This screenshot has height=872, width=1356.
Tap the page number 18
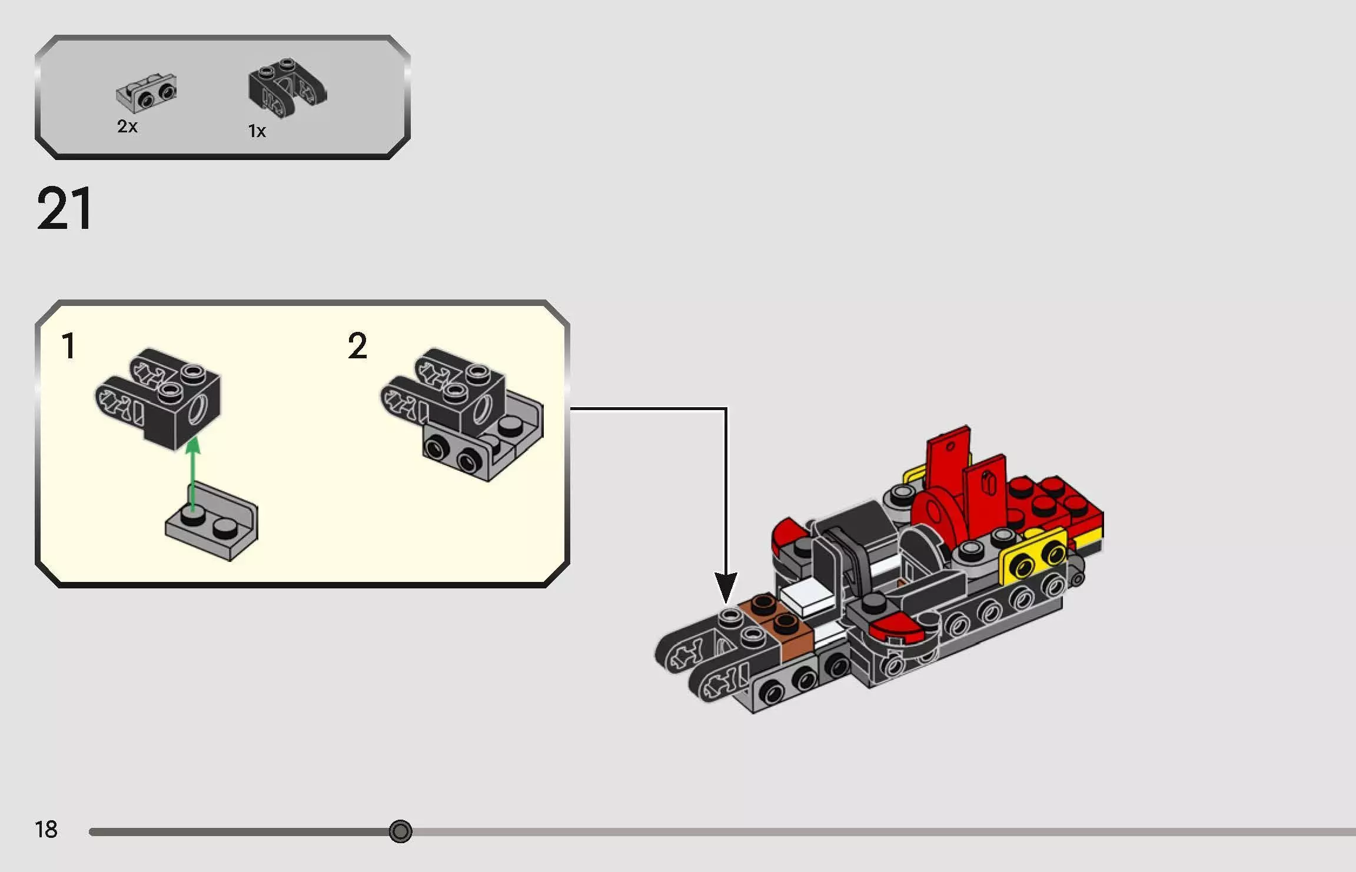tap(46, 830)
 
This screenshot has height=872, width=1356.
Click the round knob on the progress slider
tap(400, 831)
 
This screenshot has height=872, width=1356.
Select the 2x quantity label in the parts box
tap(127, 127)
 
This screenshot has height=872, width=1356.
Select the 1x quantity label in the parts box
tap(257, 131)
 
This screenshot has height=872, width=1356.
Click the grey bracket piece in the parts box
tap(147, 93)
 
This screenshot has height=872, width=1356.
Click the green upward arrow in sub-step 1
tap(192, 471)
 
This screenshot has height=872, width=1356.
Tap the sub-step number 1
tap(68, 345)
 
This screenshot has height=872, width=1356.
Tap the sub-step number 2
tap(357, 345)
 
